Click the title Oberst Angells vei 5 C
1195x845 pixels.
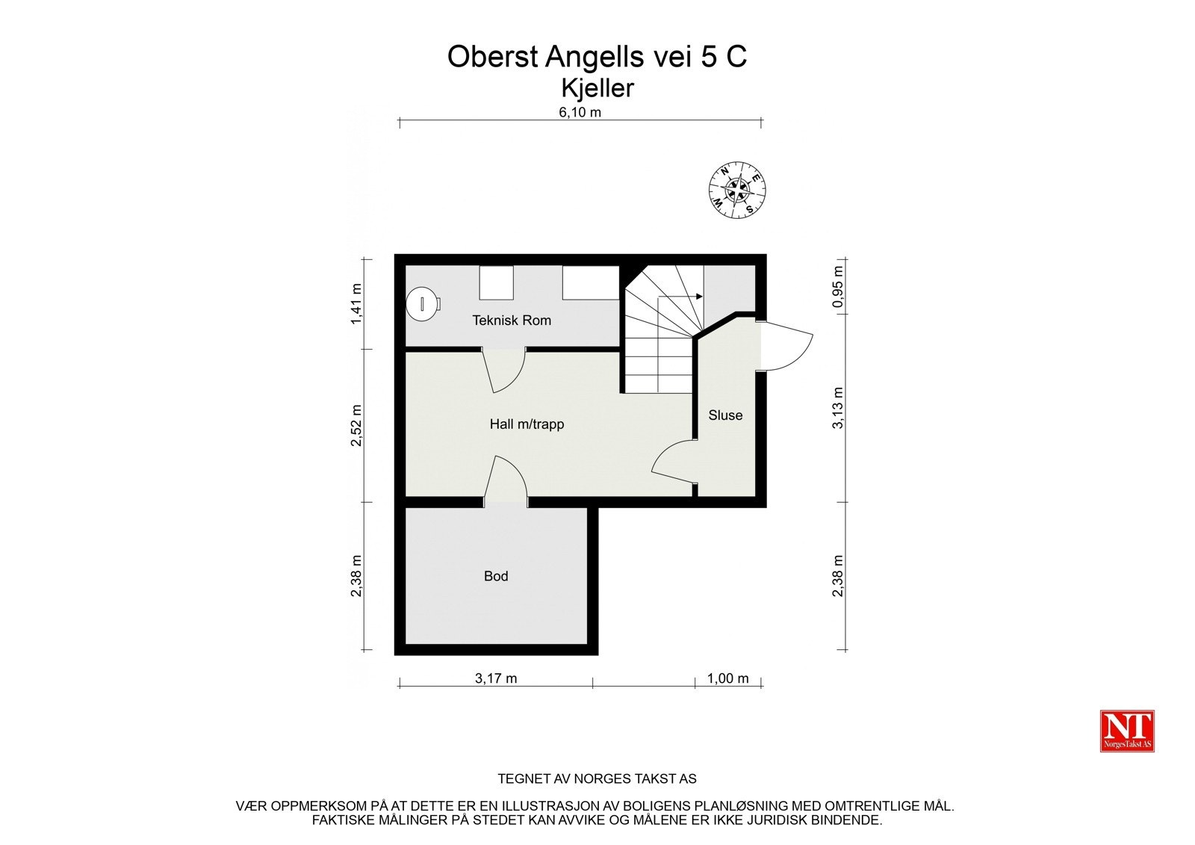597,57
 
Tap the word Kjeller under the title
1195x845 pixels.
597,88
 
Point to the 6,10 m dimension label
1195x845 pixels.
580,112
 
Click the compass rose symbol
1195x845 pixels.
737,190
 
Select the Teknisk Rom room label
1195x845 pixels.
512,321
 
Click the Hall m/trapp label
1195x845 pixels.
527,424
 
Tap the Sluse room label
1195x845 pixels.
725,415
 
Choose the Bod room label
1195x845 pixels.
496,576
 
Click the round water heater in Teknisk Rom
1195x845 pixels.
423,305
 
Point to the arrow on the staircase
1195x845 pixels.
680,297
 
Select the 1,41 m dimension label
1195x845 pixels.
356,304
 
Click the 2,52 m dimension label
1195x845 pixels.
356,425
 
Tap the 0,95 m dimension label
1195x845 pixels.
838,287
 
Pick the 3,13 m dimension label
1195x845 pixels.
838,408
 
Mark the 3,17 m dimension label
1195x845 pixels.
496,678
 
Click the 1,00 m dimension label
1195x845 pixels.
727,678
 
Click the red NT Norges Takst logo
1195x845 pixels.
1127,731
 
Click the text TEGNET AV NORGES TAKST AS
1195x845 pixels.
597,779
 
